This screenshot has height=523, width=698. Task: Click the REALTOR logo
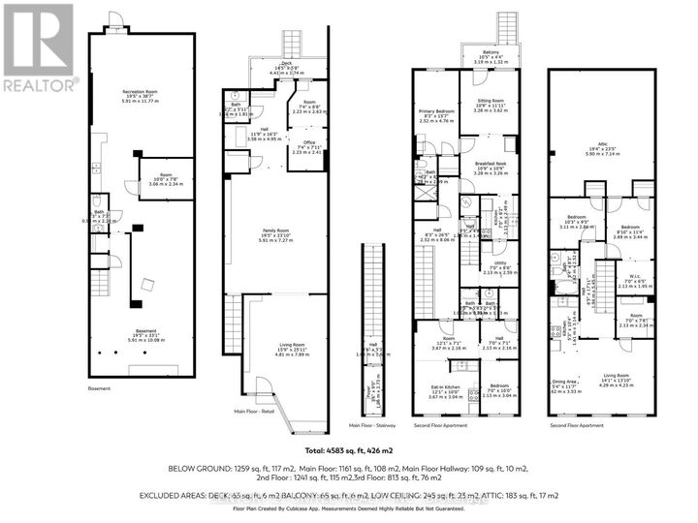tap(37, 47)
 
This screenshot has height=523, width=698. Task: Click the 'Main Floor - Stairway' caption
tap(367, 424)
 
